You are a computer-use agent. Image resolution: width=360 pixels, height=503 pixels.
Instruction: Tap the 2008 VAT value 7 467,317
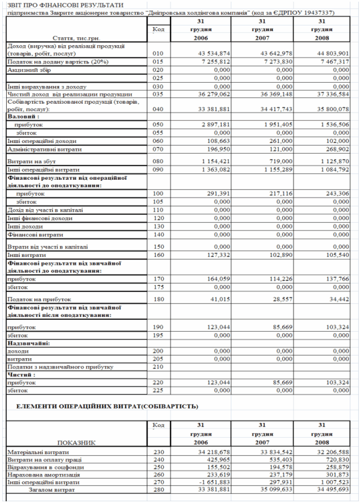click(332, 61)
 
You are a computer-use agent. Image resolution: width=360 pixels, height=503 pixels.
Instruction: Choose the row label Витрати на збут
click(28, 161)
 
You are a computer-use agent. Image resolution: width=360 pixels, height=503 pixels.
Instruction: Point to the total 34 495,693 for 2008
click(332, 489)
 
